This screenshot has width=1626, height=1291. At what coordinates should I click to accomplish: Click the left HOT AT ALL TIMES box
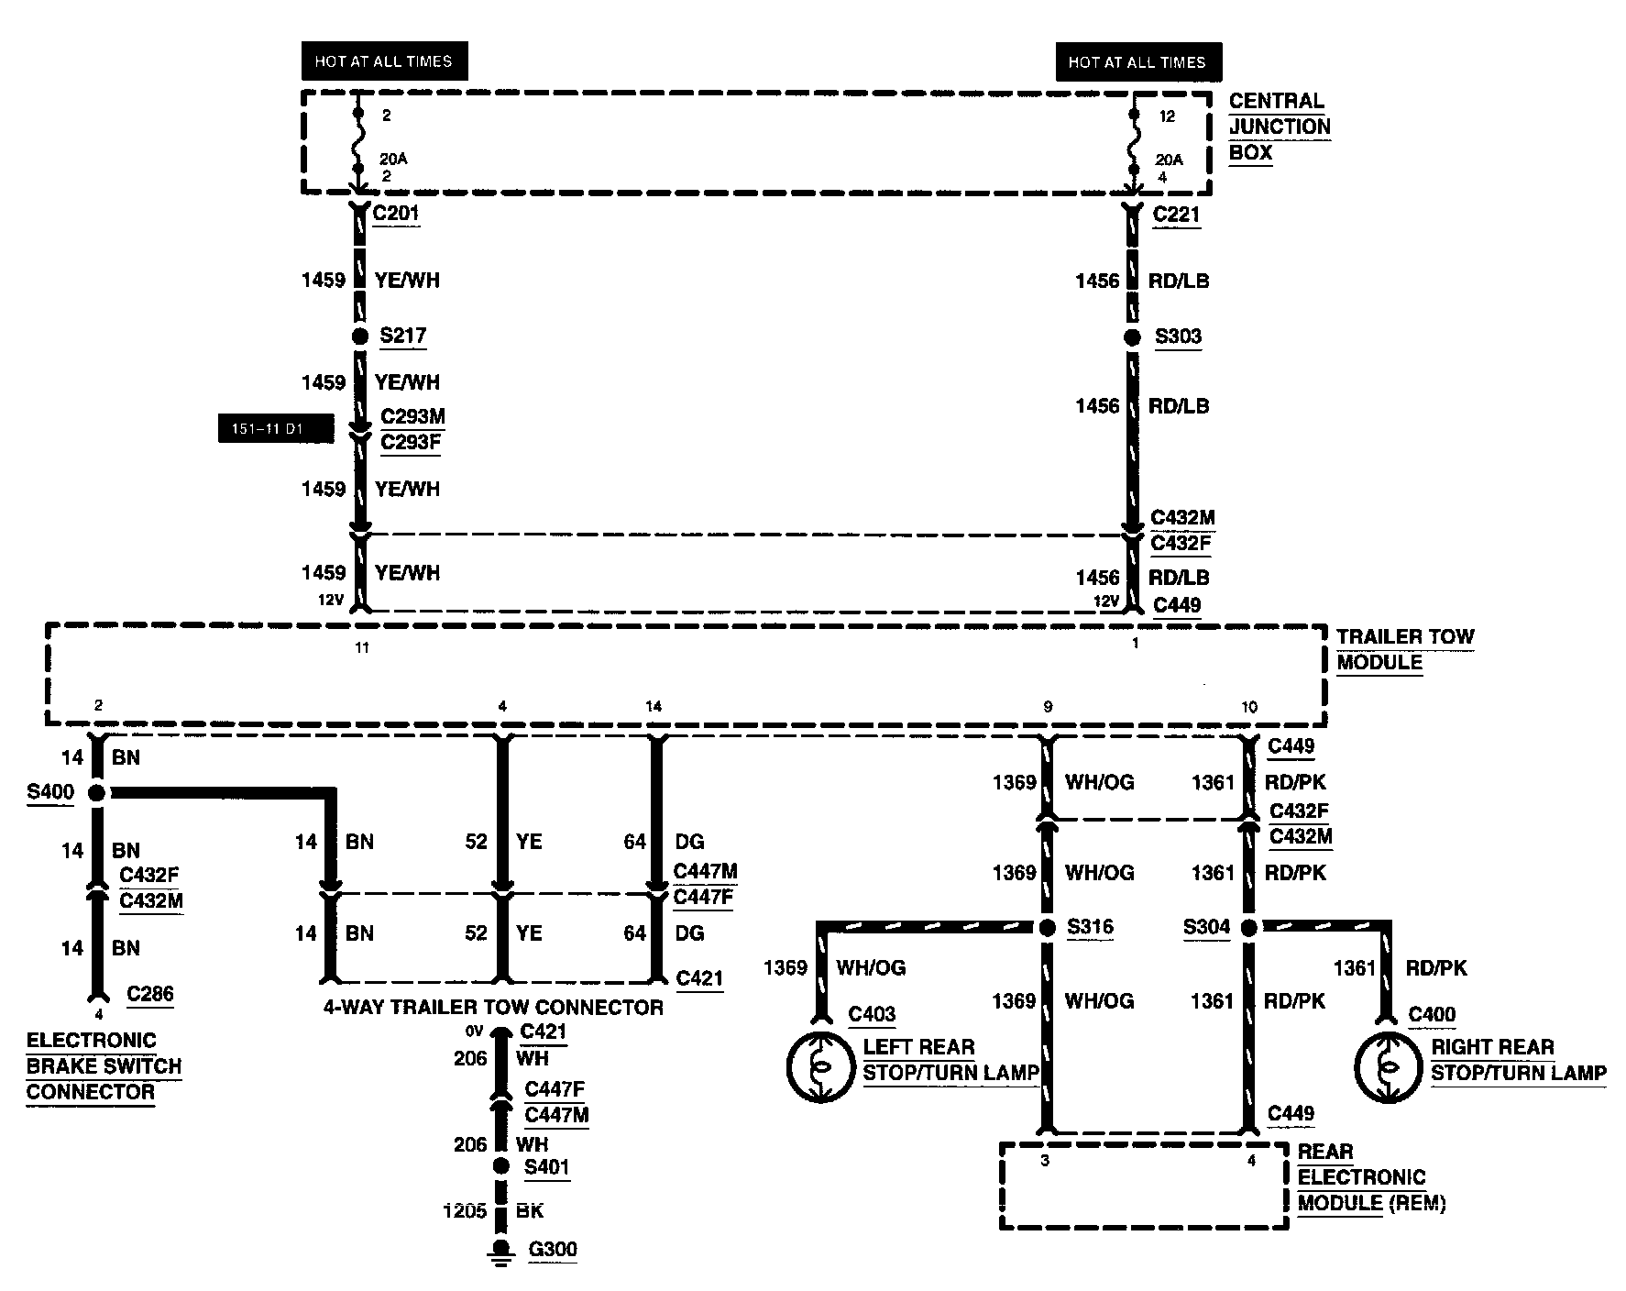383,61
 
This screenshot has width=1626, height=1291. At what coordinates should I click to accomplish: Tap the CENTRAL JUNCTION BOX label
1280,127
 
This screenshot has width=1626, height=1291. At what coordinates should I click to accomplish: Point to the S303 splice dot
1133,337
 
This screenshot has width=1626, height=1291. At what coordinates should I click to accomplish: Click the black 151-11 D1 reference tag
275,429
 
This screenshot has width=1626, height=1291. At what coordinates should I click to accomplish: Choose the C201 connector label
396,215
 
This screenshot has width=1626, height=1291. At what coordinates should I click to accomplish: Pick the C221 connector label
1176,215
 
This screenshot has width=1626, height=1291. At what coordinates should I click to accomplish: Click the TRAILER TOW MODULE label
1404,649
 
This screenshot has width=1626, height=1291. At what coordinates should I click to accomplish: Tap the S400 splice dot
97,792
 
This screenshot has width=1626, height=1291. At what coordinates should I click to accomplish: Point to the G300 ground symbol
500,1252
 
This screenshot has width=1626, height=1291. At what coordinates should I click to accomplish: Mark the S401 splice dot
500,1166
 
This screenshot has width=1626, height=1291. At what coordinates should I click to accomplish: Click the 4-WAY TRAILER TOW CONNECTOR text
493,1007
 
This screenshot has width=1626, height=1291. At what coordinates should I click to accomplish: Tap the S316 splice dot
1048,928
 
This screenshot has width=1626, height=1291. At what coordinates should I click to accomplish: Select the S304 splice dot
1248,928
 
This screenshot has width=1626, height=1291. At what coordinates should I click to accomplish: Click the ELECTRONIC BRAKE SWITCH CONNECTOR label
104,1066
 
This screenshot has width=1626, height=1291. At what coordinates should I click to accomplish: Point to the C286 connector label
150,994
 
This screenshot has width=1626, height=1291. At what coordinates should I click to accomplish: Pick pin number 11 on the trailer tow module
362,647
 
